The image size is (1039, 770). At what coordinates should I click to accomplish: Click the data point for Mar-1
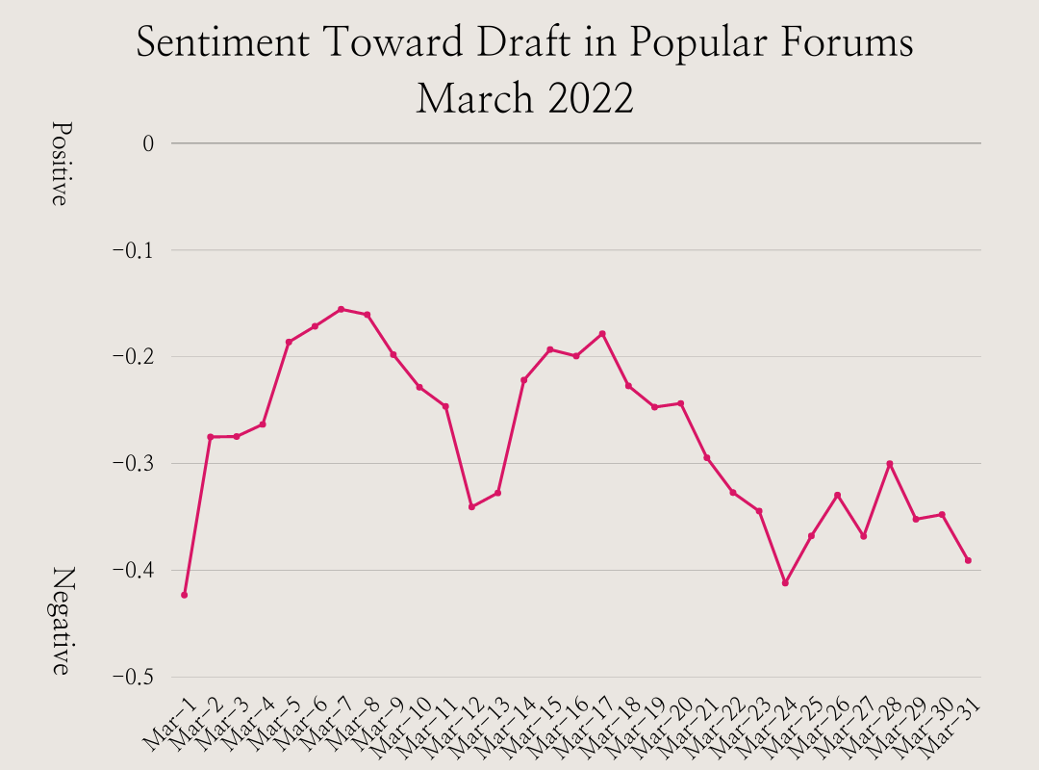coord(184,595)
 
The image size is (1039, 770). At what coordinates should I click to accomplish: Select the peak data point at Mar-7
coord(341,309)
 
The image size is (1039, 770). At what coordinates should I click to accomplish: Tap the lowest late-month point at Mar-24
coord(785,583)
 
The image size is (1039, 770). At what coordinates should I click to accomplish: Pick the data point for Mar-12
coord(471,506)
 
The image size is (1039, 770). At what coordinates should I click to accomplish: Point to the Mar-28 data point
coord(890,464)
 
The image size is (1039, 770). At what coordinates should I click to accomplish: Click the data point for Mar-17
coord(602,334)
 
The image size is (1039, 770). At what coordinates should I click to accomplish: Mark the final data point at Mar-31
coord(968,560)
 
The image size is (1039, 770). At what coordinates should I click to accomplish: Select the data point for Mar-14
coord(523,380)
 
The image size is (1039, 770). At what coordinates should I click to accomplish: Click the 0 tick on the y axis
coord(148,143)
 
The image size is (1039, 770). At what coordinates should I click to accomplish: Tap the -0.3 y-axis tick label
coord(134,464)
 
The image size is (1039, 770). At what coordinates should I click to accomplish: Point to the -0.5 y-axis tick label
coord(134,678)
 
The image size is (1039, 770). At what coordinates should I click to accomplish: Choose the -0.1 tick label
coord(134,250)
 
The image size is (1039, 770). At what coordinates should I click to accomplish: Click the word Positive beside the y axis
coord(61,164)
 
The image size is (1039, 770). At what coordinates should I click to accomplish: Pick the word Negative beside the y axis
coord(61,621)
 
